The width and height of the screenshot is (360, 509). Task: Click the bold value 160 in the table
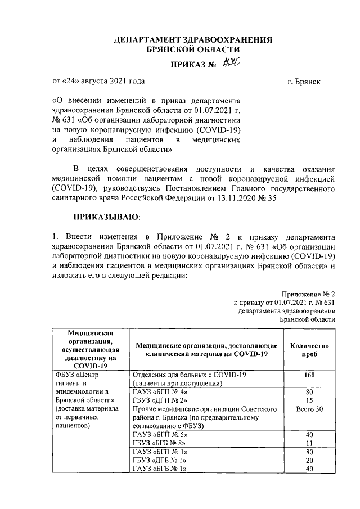click(309, 375)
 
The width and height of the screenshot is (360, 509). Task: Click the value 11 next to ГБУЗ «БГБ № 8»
click(309, 443)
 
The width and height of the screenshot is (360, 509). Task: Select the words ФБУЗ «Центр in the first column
click(77, 375)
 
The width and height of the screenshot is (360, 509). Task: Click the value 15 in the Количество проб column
click(309, 400)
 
